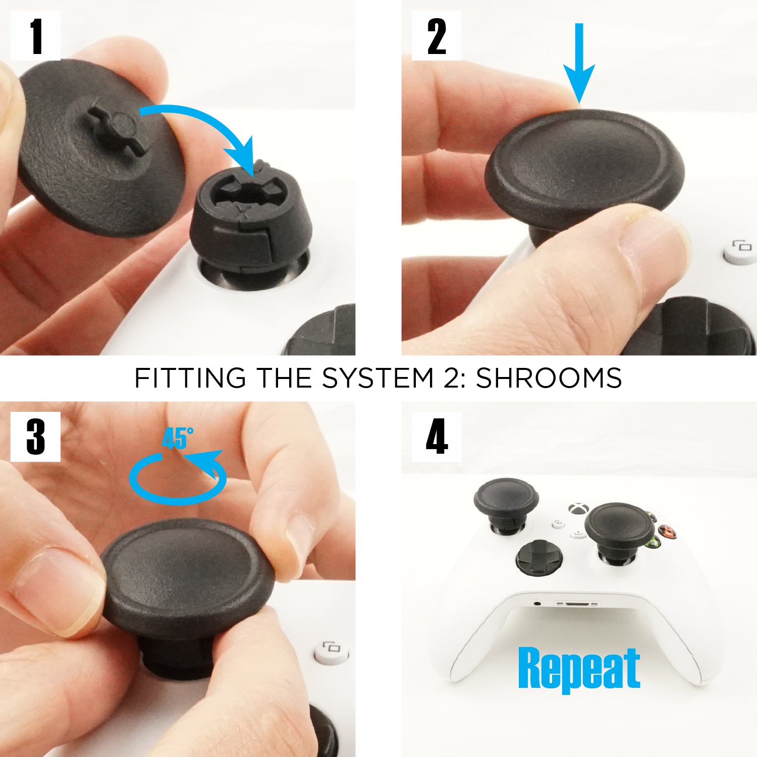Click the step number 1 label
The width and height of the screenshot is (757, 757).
coord(35,36)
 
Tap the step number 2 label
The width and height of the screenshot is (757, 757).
coord(437,36)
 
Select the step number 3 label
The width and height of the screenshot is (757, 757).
coord(35,437)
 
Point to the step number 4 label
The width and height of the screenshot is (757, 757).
coord(437,437)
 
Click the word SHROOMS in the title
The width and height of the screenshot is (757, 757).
coord(549,378)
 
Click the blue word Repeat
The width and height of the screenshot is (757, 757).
coord(579,668)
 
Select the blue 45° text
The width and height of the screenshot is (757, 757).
coord(178,438)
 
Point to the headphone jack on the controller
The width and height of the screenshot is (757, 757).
coord(538,603)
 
